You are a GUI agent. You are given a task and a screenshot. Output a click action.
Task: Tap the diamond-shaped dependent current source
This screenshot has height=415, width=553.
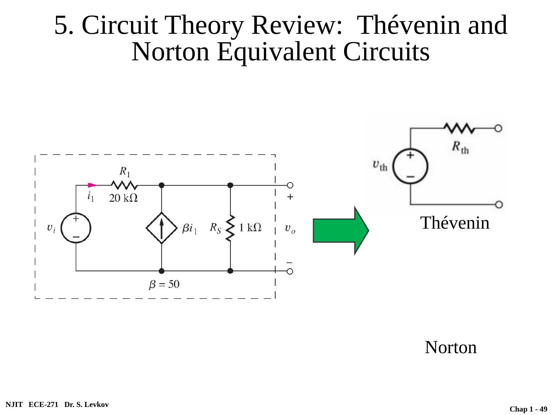click(162, 228)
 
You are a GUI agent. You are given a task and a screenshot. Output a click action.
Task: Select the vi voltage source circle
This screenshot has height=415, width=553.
click(76, 228)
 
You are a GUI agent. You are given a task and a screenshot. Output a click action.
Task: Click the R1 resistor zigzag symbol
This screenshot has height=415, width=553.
click(124, 185)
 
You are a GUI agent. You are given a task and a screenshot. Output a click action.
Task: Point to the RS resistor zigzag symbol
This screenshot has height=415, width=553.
click(230, 228)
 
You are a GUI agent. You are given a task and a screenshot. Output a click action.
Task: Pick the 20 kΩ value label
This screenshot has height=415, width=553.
click(124, 198)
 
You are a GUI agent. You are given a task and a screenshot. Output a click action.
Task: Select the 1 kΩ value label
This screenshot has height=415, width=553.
click(250, 228)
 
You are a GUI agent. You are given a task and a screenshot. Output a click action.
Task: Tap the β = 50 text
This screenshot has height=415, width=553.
click(164, 285)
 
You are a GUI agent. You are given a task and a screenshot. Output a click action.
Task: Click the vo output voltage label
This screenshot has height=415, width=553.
click(290, 229)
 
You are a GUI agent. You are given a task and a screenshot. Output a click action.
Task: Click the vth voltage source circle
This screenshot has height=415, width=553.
click(411, 166)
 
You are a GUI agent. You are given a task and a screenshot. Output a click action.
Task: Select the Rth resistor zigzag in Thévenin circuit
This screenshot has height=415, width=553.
click(459, 128)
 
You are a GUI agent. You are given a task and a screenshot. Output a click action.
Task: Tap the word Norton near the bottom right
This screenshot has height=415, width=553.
click(450, 347)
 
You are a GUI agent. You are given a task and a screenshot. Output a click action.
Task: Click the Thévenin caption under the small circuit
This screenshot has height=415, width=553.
click(455, 223)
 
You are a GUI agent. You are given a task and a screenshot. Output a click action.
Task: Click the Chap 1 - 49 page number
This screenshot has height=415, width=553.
click(528, 409)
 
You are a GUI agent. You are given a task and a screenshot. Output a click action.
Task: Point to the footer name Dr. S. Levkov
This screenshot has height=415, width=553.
click(86, 405)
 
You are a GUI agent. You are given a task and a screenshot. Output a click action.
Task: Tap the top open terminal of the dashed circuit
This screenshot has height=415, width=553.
click(290, 185)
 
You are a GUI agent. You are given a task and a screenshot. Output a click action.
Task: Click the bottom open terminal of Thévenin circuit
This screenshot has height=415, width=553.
click(498, 204)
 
